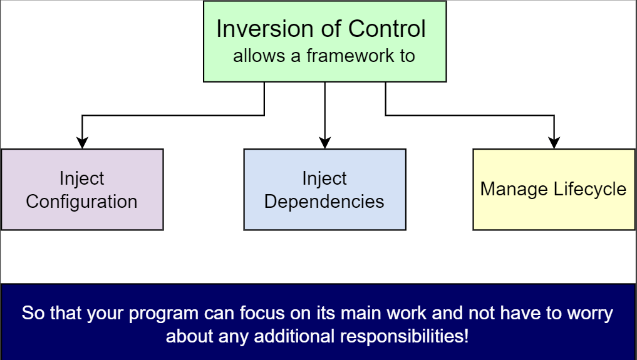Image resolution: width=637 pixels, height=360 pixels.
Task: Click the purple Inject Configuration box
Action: [x=82, y=190]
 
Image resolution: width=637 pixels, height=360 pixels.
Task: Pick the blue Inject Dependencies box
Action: [x=324, y=190]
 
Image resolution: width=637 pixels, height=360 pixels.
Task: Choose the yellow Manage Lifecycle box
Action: [x=554, y=190]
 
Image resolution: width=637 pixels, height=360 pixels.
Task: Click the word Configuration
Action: [x=81, y=202]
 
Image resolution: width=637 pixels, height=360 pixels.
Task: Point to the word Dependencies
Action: [x=324, y=202]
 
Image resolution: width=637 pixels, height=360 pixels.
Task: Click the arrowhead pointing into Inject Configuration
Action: [x=82, y=143]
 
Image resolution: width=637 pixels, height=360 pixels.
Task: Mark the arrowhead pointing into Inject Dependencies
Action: [x=324, y=143]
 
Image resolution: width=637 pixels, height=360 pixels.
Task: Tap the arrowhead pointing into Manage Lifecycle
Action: [x=554, y=143]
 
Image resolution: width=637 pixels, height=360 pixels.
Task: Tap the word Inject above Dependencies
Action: [x=324, y=178]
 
